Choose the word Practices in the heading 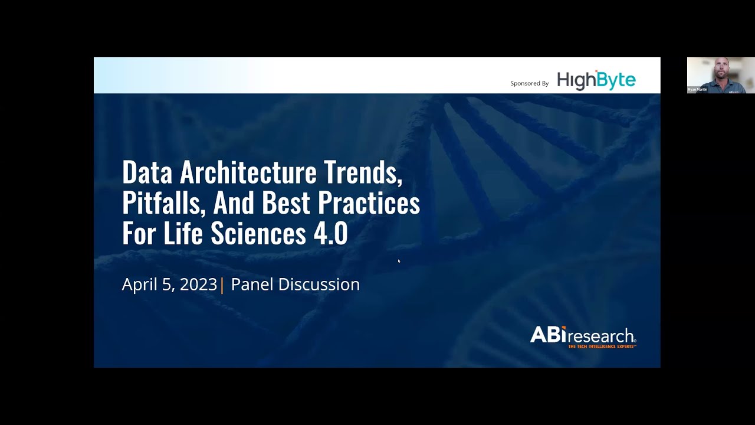pos(369,203)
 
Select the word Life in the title pos(185,234)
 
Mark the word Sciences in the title pos(258,234)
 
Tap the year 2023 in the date pos(198,285)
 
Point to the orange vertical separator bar pos(222,285)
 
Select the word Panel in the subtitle pos(252,285)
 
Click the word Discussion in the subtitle pos(319,285)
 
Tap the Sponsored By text pos(529,83)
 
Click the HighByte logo pos(596,80)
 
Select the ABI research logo pos(583,335)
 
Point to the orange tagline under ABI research pos(602,346)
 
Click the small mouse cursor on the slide pos(399,261)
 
